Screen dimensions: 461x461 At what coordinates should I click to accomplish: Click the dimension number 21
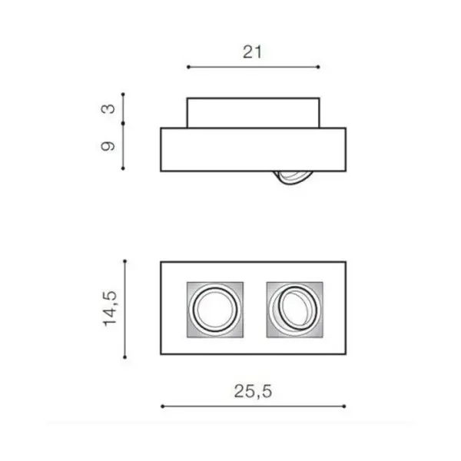click(x=252, y=52)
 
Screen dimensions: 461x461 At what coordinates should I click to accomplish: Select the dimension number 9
click(x=108, y=146)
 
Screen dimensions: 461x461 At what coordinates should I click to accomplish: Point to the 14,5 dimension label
click(x=110, y=309)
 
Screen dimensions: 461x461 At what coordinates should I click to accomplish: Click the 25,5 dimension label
click(x=253, y=391)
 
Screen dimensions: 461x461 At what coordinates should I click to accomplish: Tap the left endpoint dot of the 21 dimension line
click(x=188, y=67)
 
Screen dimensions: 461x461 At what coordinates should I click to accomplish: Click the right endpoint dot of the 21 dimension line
click(x=318, y=67)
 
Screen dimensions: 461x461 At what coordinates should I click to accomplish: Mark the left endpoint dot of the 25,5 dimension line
click(x=163, y=406)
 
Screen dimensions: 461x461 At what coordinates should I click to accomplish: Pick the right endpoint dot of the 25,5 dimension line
click(x=344, y=406)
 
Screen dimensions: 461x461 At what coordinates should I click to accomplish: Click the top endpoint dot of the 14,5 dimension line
click(x=125, y=261)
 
